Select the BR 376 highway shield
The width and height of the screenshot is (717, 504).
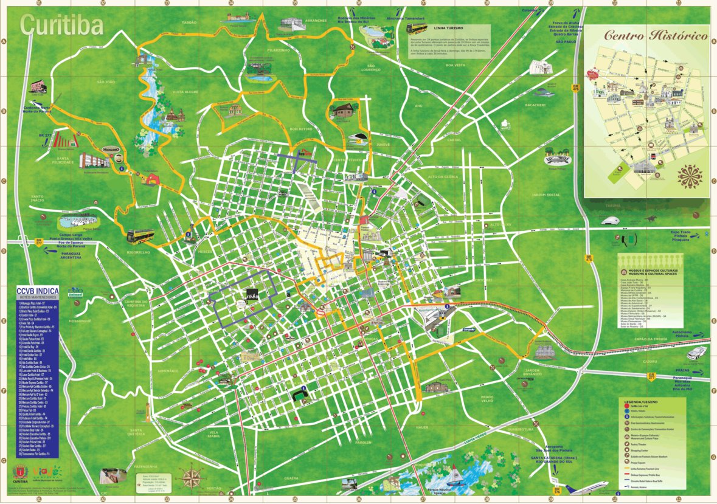pyautogui.click(x=554, y=488)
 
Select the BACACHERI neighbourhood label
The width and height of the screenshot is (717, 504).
pyautogui.click(x=535, y=105)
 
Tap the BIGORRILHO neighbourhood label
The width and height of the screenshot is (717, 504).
pyautogui.click(x=138, y=250)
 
